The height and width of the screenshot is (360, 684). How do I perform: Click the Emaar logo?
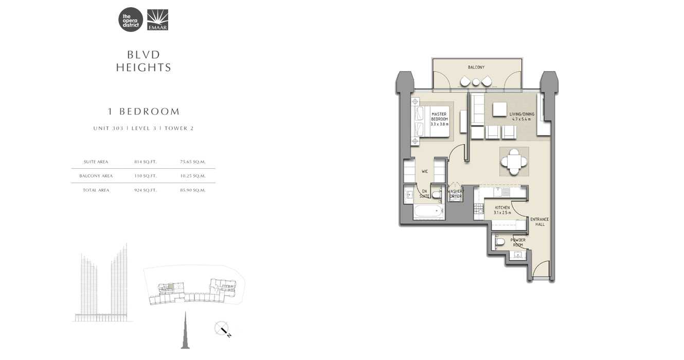point(157,20)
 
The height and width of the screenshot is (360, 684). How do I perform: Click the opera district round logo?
point(131,20)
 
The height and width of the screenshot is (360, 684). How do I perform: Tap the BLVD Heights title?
point(143,61)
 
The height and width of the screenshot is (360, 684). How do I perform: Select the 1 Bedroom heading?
point(143,111)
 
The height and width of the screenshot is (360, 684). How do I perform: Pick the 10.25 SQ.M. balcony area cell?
point(193,176)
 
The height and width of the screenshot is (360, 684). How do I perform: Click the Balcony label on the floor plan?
point(476,67)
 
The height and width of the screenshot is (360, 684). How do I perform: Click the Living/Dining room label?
point(521,116)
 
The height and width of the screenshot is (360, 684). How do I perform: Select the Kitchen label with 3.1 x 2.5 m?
point(501,210)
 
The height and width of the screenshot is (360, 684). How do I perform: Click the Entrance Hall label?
point(539,222)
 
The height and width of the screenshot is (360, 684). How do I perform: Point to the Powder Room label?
point(517,242)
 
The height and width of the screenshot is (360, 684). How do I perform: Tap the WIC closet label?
point(425,171)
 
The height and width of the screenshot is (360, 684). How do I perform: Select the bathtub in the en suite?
point(428,211)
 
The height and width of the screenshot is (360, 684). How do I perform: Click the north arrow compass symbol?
point(223,329)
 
